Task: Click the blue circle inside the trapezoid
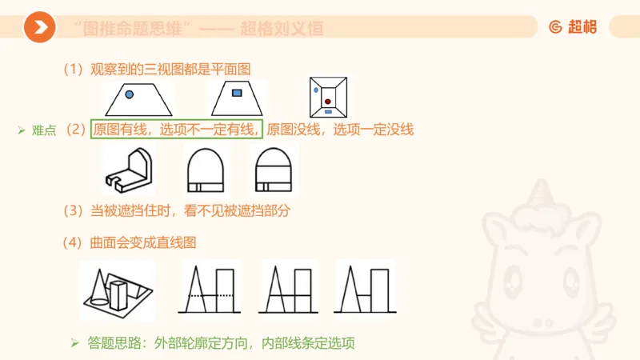tap(129, 94)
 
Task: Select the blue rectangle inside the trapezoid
tap(237, 94)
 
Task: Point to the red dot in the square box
tap(328, 101)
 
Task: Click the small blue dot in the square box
tap(317, 90)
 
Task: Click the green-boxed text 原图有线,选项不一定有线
tap(177, 130)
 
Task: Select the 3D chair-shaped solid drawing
tap(129, 170)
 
